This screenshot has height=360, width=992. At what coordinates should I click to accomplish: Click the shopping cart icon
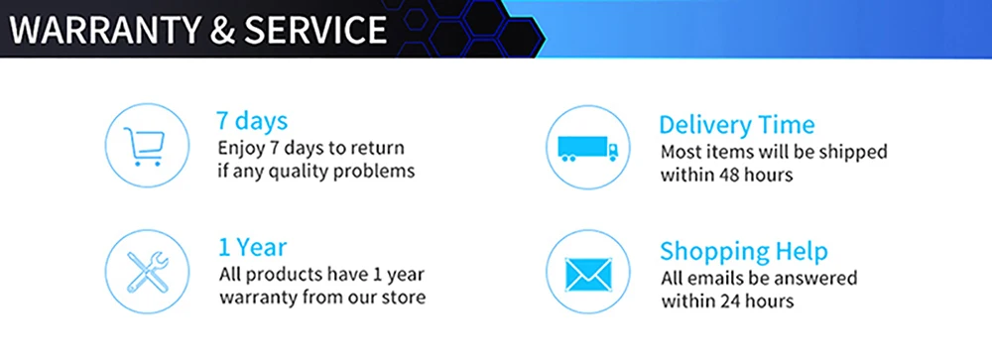coord(145,146)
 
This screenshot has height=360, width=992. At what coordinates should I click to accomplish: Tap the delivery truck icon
coord(587,148)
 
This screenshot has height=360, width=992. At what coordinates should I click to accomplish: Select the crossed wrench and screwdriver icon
coord(147,272)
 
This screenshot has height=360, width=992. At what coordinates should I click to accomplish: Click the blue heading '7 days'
coord(252,120)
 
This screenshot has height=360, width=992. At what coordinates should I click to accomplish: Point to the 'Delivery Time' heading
coord(736,125)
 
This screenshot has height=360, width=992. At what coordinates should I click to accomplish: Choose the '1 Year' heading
coord(252,247)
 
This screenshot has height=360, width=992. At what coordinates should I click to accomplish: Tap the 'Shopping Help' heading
coord(743,252)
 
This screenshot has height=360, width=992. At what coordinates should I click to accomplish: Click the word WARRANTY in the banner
coord(104,30)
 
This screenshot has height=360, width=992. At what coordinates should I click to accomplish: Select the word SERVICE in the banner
coord(315,30)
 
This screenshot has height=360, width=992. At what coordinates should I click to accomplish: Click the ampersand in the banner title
coord(222,31)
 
